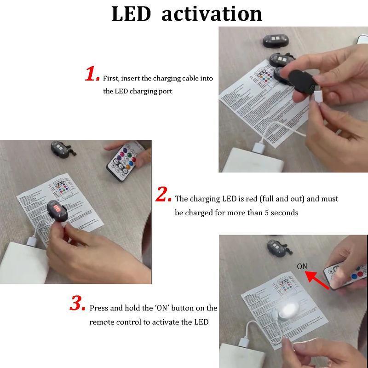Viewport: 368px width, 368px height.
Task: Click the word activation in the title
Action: click(212, 14)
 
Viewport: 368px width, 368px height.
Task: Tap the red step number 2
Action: click(163, 195)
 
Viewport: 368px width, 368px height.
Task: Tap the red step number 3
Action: click(77, 304)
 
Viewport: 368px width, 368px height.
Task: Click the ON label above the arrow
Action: click(302, 266)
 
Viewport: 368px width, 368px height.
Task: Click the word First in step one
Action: click(110, 79)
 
